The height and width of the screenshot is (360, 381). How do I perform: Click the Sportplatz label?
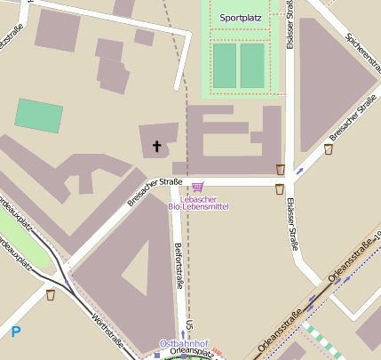(x=242, y=17)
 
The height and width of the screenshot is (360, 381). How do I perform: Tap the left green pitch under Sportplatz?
(x=225, y=65)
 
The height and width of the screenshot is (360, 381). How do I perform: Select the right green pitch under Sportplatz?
(x=253, y=65)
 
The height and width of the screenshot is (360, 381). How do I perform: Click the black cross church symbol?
(x=158, y=145)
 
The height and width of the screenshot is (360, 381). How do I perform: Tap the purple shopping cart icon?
(x=197, y=187)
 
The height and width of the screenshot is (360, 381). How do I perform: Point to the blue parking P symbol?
(x=15, y=332)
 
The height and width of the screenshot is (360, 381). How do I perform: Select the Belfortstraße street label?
(x=179, y=265)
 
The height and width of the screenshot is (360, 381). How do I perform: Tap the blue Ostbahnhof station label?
(x=183, y=343)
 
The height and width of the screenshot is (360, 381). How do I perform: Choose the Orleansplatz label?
(x=187, y=352)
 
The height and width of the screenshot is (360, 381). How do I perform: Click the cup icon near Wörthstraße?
(x=51, y=294)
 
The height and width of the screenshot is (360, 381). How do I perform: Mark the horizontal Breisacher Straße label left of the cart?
(x=155, y=191)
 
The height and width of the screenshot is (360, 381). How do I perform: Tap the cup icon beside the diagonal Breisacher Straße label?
(x=329, y=149)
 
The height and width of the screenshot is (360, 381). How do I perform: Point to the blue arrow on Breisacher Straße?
(x=299, y=169)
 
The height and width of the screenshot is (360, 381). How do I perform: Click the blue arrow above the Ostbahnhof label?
(x=184, y=334)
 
